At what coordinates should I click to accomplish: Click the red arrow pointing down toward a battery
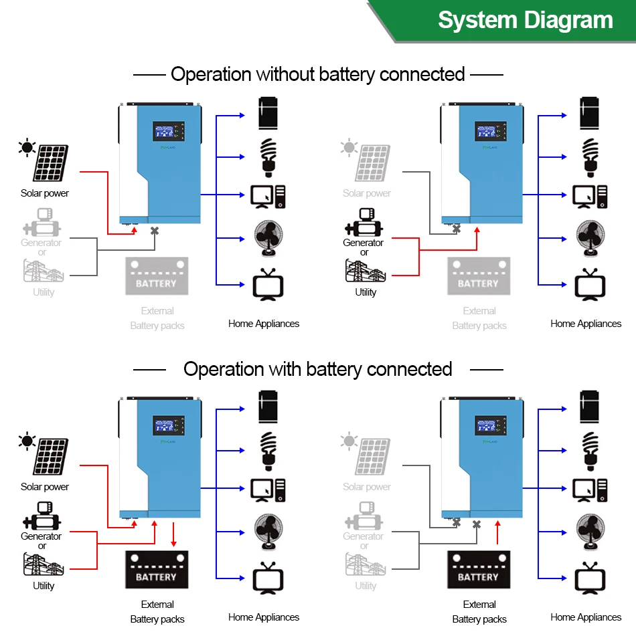(174, 534)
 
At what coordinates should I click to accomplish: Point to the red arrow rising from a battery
(497, 534)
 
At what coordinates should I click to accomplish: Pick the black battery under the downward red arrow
(157, 570)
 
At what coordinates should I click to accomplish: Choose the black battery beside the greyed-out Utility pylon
(479, 570)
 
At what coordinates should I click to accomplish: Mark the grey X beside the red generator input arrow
(457, 229)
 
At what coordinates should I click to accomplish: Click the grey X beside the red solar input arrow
(155, 231)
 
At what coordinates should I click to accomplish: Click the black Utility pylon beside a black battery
(43, 565)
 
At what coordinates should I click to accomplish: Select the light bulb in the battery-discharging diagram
(590, 450)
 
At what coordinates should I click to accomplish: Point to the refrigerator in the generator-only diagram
(590, 113)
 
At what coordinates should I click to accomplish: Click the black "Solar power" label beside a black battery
(45, 487)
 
